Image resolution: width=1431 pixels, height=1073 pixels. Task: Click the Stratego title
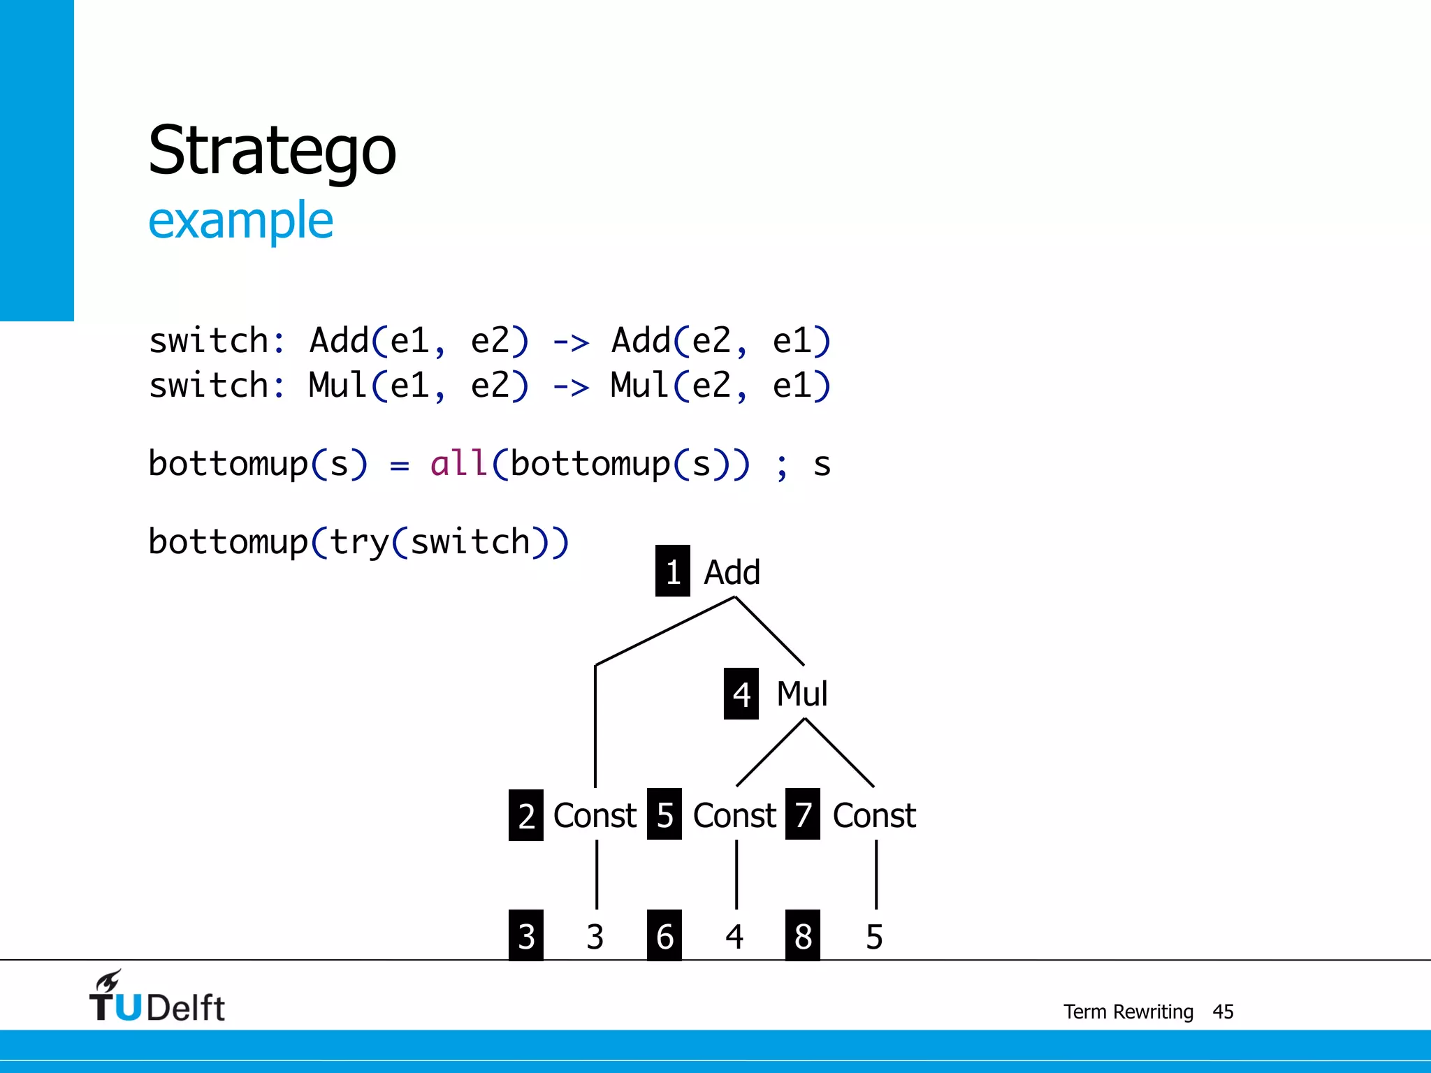coord(272,151)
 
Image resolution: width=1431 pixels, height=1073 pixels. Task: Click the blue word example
coord(240,221)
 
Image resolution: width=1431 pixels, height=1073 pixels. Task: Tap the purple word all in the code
coord(458,464)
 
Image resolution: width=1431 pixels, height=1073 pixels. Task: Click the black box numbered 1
coord(672,571)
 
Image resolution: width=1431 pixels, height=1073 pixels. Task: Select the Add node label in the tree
coord(732,572)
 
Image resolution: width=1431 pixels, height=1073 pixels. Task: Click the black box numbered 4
coord(741,694)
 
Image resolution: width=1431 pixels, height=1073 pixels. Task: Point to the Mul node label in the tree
coord(802,694)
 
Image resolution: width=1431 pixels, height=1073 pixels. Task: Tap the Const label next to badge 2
coord(595,815)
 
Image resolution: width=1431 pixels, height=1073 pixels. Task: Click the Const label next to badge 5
coord(734,815)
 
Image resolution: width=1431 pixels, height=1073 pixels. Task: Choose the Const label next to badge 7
coord(874,815)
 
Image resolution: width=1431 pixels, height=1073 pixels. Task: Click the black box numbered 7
coord(803,815)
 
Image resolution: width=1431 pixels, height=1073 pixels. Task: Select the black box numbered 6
coord(664,935)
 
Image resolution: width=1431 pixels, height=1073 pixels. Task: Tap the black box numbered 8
coord(803,935)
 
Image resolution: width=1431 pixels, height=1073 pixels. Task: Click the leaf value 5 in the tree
coord(874,937)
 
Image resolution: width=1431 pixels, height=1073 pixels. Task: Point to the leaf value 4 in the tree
coord(734,937)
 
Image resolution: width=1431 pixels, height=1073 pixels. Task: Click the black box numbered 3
coord(526,935)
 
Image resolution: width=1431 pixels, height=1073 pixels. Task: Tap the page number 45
coord(1223,1012)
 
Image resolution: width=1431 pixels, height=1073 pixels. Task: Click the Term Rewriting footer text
coord(1128,1012)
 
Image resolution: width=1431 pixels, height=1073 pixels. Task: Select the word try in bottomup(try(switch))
coord(359,542)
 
